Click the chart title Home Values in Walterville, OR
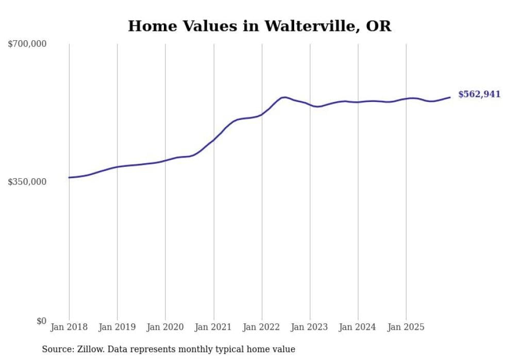point(259,26)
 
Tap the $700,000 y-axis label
point(27,44)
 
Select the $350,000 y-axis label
point(27,182)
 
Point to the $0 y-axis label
point(41,321)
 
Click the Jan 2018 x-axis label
point(69,327)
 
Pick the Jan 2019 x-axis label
point(117,327)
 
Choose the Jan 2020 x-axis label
point(165,327)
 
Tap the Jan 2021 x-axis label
point(213,327)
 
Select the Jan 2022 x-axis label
point(262,327)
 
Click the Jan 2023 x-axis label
point(310,327)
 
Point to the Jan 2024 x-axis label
point(358,327)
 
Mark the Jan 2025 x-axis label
point(406,327)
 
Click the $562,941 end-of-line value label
point(479,94)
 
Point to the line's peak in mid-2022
point(284,97)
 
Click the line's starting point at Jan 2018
point(69,178)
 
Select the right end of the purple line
point(450,97)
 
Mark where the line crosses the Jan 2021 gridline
point(213,140)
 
